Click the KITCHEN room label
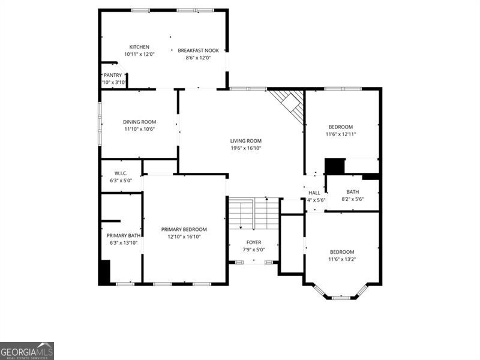point(139,47)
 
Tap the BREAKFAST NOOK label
point(198,50)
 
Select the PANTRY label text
point(113,75)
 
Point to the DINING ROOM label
point(139,122)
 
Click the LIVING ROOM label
point(246,141)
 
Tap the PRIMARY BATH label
point(124,235)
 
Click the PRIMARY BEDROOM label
point(184,229)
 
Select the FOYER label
point(254,242)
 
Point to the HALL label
point(314,193)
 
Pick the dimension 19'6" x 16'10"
point(246,148)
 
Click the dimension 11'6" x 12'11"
point(341,134)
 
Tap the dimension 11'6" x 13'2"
point(341,259)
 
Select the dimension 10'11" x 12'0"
point(139,54)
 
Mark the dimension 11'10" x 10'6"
point(139,129)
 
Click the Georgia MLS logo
point(27,350)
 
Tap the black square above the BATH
point(335,166)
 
